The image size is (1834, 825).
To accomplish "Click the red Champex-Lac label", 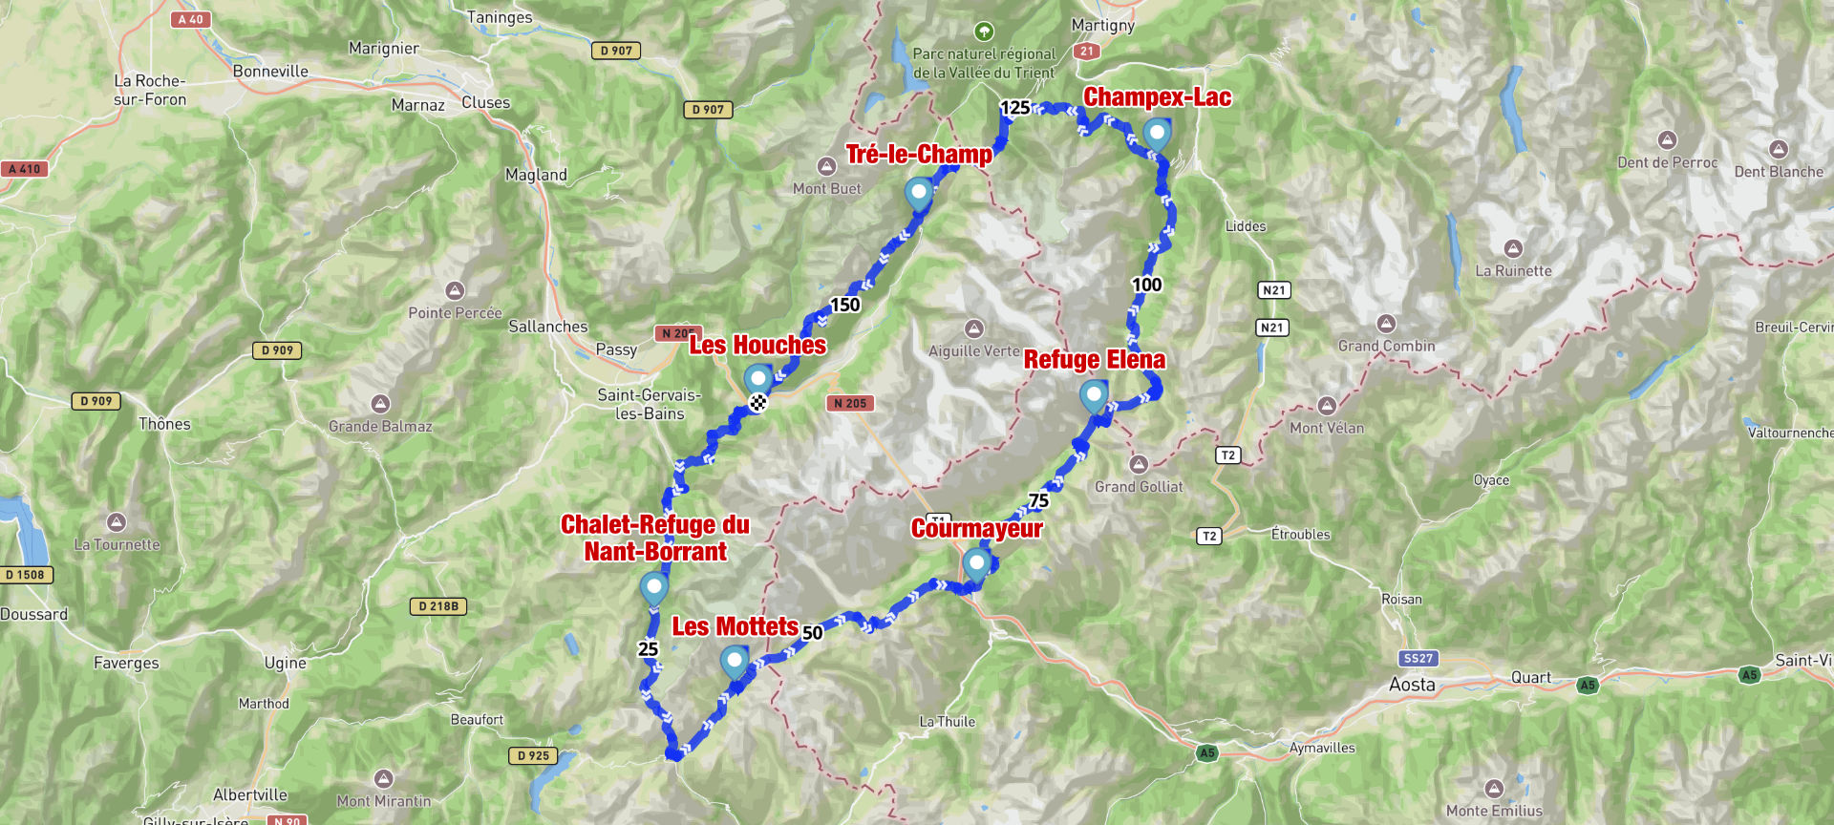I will click(x=1157, y=97).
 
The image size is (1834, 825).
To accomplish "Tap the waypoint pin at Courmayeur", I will click(x=975, y=563).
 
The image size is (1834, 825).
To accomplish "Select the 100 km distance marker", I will click(x=1146, y=285).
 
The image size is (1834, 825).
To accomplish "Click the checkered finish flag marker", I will click(x=757, y=403).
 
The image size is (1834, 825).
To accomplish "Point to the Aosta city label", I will click(x=1412, y=685).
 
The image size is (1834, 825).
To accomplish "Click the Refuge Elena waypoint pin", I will click(x=1094, y=394).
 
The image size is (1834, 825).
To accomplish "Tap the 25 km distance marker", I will click(x=648, y=649).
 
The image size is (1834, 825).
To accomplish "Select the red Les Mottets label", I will click(x=735, y=626).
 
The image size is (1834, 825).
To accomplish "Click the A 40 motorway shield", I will click(x=190, y=19).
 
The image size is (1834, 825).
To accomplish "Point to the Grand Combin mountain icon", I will click(x=1386, y=324).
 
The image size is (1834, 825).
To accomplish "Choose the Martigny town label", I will click(x=1102, y=25).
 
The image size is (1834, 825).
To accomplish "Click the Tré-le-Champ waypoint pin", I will click(x=918, y=193).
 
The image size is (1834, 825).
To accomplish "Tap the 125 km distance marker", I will click(x=1014, y=108).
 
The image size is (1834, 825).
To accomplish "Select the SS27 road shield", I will click(x=1418, y=658).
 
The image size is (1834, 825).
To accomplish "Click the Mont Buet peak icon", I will click(x=827, y=166).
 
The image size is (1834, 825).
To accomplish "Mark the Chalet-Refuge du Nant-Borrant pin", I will click(x=653, y=587).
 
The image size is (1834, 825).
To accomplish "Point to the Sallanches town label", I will click(x=547, y=327).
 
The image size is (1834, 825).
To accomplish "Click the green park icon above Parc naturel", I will click(x=984, y=32).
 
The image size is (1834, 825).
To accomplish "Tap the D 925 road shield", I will click(x=533, y=755).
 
